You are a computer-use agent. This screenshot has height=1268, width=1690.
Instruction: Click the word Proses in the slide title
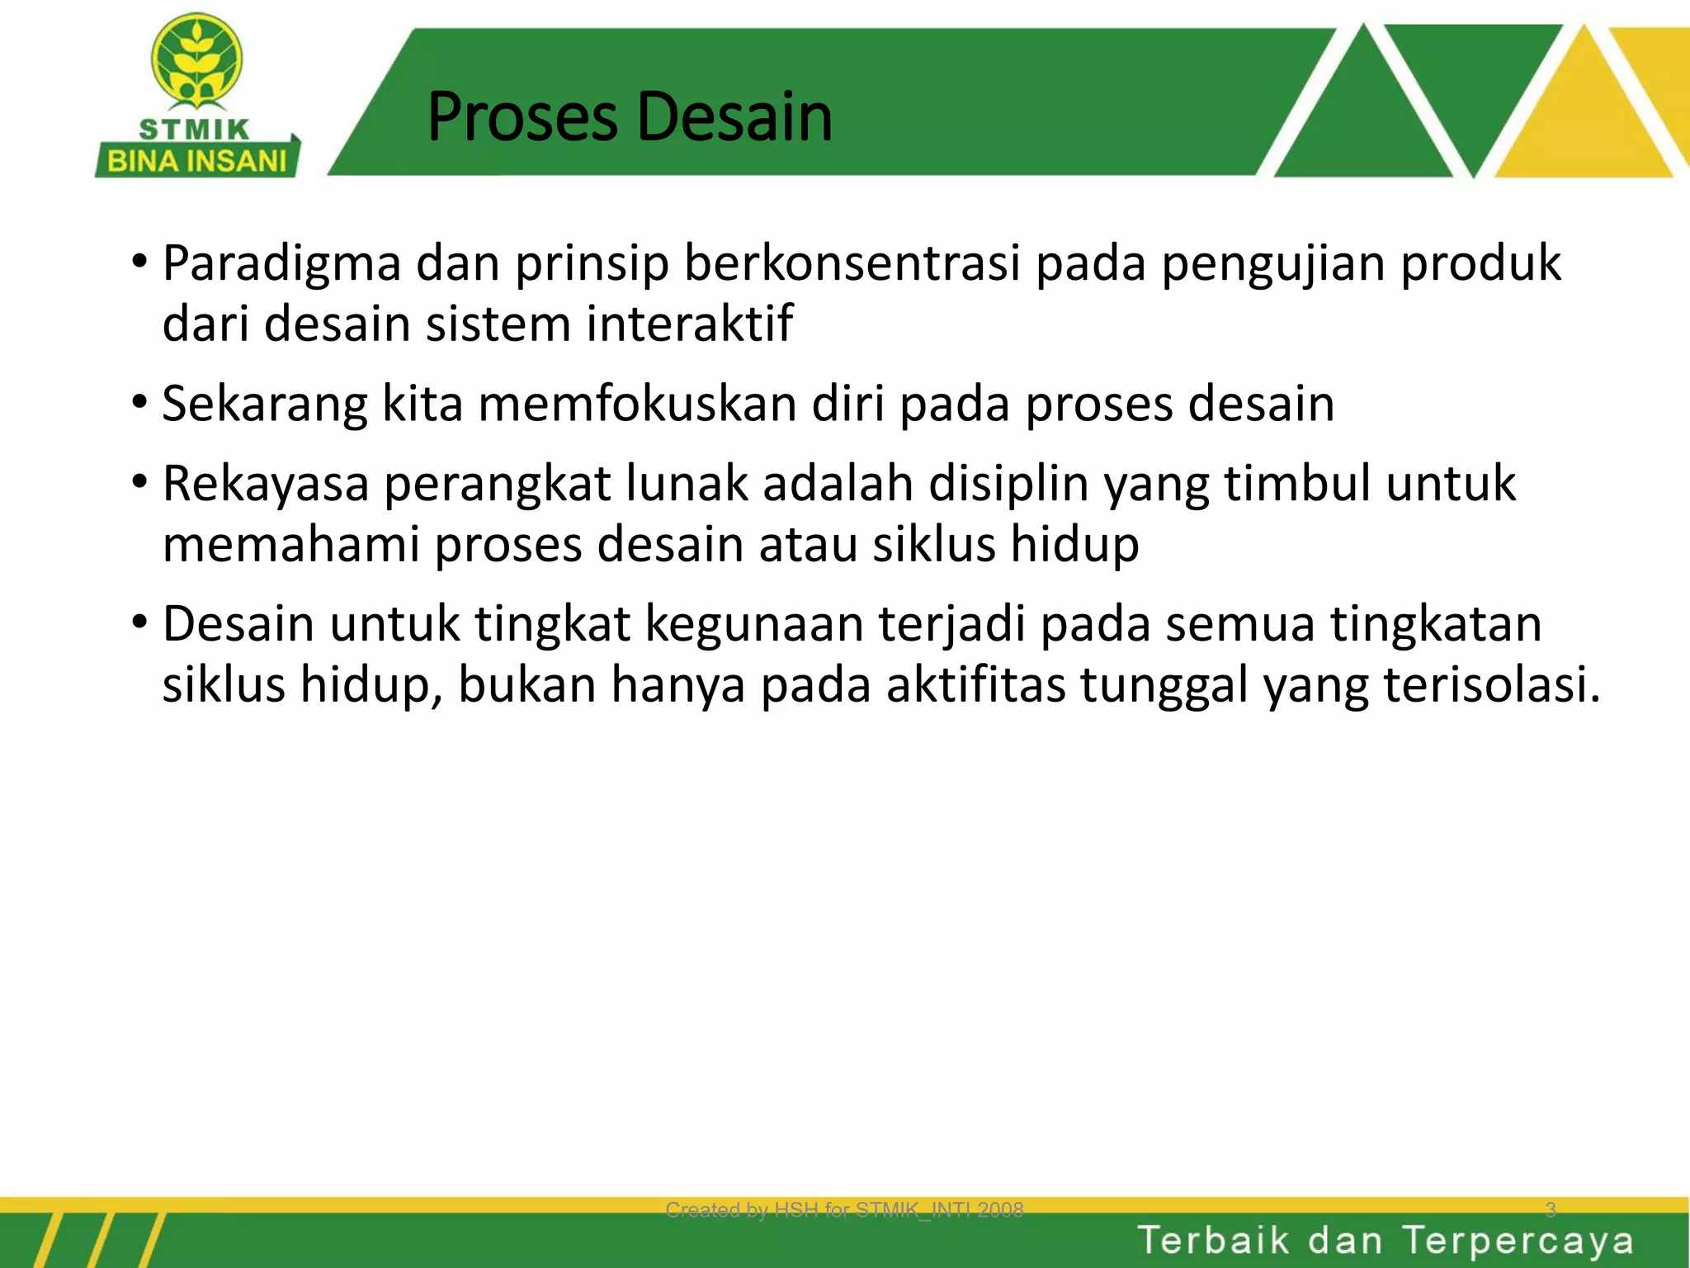(522, 117)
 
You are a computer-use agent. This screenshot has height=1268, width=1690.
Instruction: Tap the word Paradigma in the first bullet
(281, 265)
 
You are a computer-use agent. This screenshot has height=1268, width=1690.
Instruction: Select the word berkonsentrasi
(852, 263)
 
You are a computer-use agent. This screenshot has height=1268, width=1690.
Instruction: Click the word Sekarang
(264, 405)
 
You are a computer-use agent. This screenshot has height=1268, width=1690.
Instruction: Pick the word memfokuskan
(637, 404)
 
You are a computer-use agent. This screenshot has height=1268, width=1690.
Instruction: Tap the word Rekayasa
(265, 485)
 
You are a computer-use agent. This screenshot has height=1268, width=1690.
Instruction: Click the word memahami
(291, 545)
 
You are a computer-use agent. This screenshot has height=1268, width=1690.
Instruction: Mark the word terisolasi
(1492, 685)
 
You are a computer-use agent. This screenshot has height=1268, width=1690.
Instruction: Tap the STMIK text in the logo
(195, 130)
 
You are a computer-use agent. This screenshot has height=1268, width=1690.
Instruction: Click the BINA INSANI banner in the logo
(197, 160)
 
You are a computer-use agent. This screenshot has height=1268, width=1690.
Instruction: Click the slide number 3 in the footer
(1551, 1210)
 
